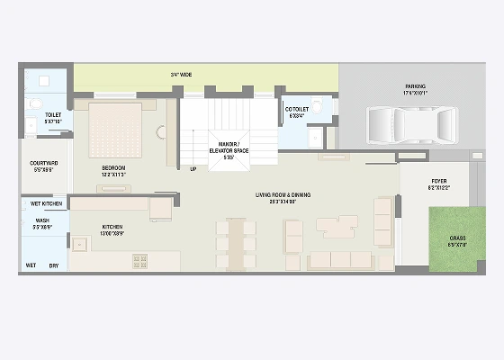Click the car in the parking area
click(x=409, y=126)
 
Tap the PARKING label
click(x=415, y=86)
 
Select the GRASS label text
click(x=458, y=240)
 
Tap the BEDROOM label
click(x=113, y=168)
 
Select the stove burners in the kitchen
click(x=140, y=260)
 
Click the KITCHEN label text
click(x=112, y=227)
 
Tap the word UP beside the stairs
click(x=193, y=168)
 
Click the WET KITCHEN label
click(x=46, y=204)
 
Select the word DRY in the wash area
click(x=54, y=265)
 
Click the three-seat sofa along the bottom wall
click(x=343, y=260)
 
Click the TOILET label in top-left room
click(x=52, y=115)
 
